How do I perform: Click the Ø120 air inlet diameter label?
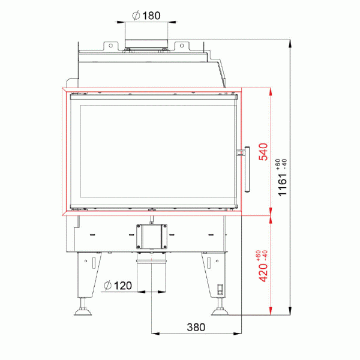(118, 285)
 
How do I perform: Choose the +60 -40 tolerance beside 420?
(260, 254)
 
